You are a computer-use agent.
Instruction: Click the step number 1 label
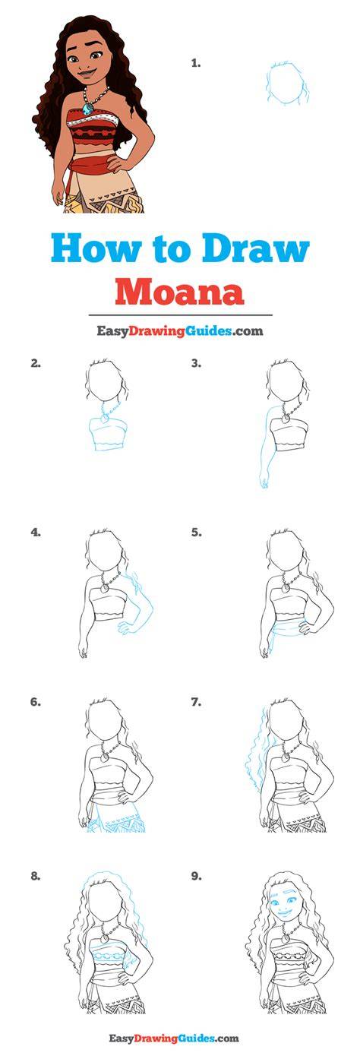click(196, 63)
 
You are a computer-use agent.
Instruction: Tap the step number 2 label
click(36, 364)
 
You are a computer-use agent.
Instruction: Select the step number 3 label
click(196, 364)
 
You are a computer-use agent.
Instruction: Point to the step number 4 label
click(36, 533)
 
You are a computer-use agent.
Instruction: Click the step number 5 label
click(196, 533)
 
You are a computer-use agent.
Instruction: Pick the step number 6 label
click(36, 703)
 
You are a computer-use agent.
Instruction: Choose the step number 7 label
click(196, 703)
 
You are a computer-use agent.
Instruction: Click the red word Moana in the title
click(179, 292)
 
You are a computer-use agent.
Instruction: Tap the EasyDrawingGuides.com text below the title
click(180, 331)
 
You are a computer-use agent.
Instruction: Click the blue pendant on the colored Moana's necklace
click(87, 109)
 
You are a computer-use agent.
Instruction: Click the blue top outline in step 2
click(108, 434)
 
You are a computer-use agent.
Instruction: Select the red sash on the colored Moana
click(92, 167)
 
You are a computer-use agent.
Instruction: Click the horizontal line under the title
click(181, 315)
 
